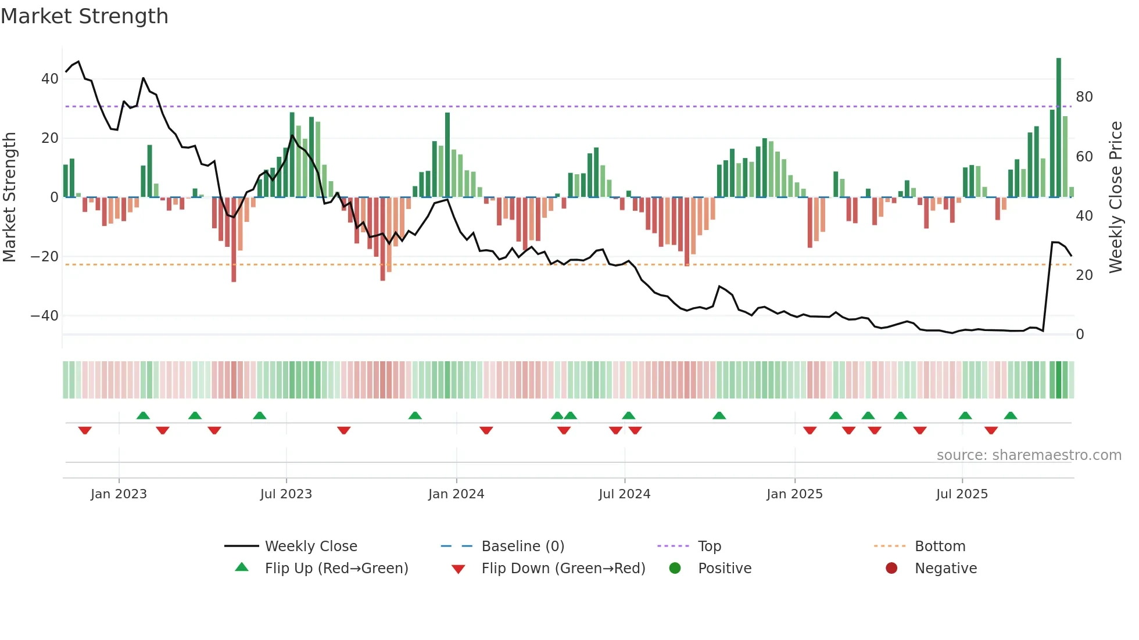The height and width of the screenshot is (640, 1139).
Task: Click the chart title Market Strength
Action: (x=84, y=16)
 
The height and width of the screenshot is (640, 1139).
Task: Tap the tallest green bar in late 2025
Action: (x=1059, y=128)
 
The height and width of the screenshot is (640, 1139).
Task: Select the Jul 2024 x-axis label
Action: (x=624, y=494)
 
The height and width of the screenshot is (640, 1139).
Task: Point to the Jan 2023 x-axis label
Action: (x=119, y=494)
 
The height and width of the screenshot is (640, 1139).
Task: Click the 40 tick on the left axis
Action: (x=50, y=79)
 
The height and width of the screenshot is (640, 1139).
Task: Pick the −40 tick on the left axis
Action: (x=45, y=316)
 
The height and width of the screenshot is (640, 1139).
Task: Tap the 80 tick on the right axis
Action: (x=1084, y=97)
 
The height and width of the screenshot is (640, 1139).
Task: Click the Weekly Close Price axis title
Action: (x=1116, y=197)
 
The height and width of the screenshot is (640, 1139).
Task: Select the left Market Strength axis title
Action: (x=9, y=197)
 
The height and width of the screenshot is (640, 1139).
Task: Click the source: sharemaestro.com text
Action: (x=1029, y=455)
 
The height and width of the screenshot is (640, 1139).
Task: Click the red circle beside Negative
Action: (x=891, y=568)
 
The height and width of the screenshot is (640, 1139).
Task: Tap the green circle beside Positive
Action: (x=675, y=568)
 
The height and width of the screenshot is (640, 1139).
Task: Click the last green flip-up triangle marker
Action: (x=1011, y=416)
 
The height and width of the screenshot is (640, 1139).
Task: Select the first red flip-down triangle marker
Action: (x=85, y=430)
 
